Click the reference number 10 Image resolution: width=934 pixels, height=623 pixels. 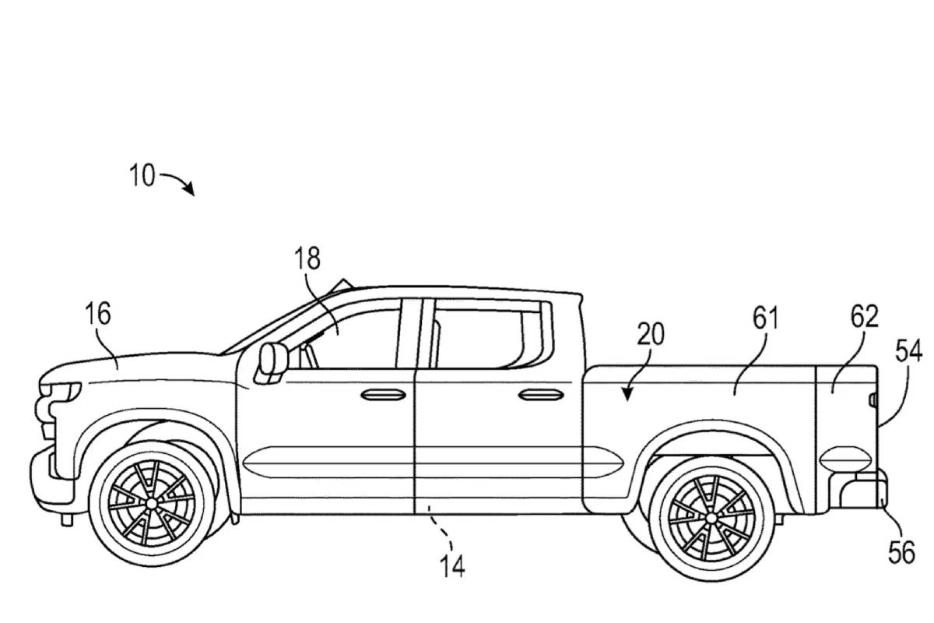tap(143, 175)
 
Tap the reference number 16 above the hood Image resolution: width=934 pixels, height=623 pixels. tap(99, 314)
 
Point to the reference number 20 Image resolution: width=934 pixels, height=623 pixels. tap(651, 334)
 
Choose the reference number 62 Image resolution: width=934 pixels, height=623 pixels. tap(864, 317)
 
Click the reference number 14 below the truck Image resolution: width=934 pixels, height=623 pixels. tap(451, 566)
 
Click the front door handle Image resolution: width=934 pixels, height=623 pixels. tap(384, 395)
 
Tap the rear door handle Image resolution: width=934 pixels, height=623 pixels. tap(542, 395)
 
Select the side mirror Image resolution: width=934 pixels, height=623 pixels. tap(272, 360)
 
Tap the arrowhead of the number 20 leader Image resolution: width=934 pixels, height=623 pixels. tap(625, 396)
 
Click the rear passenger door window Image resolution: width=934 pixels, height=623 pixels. tap(483, 336)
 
